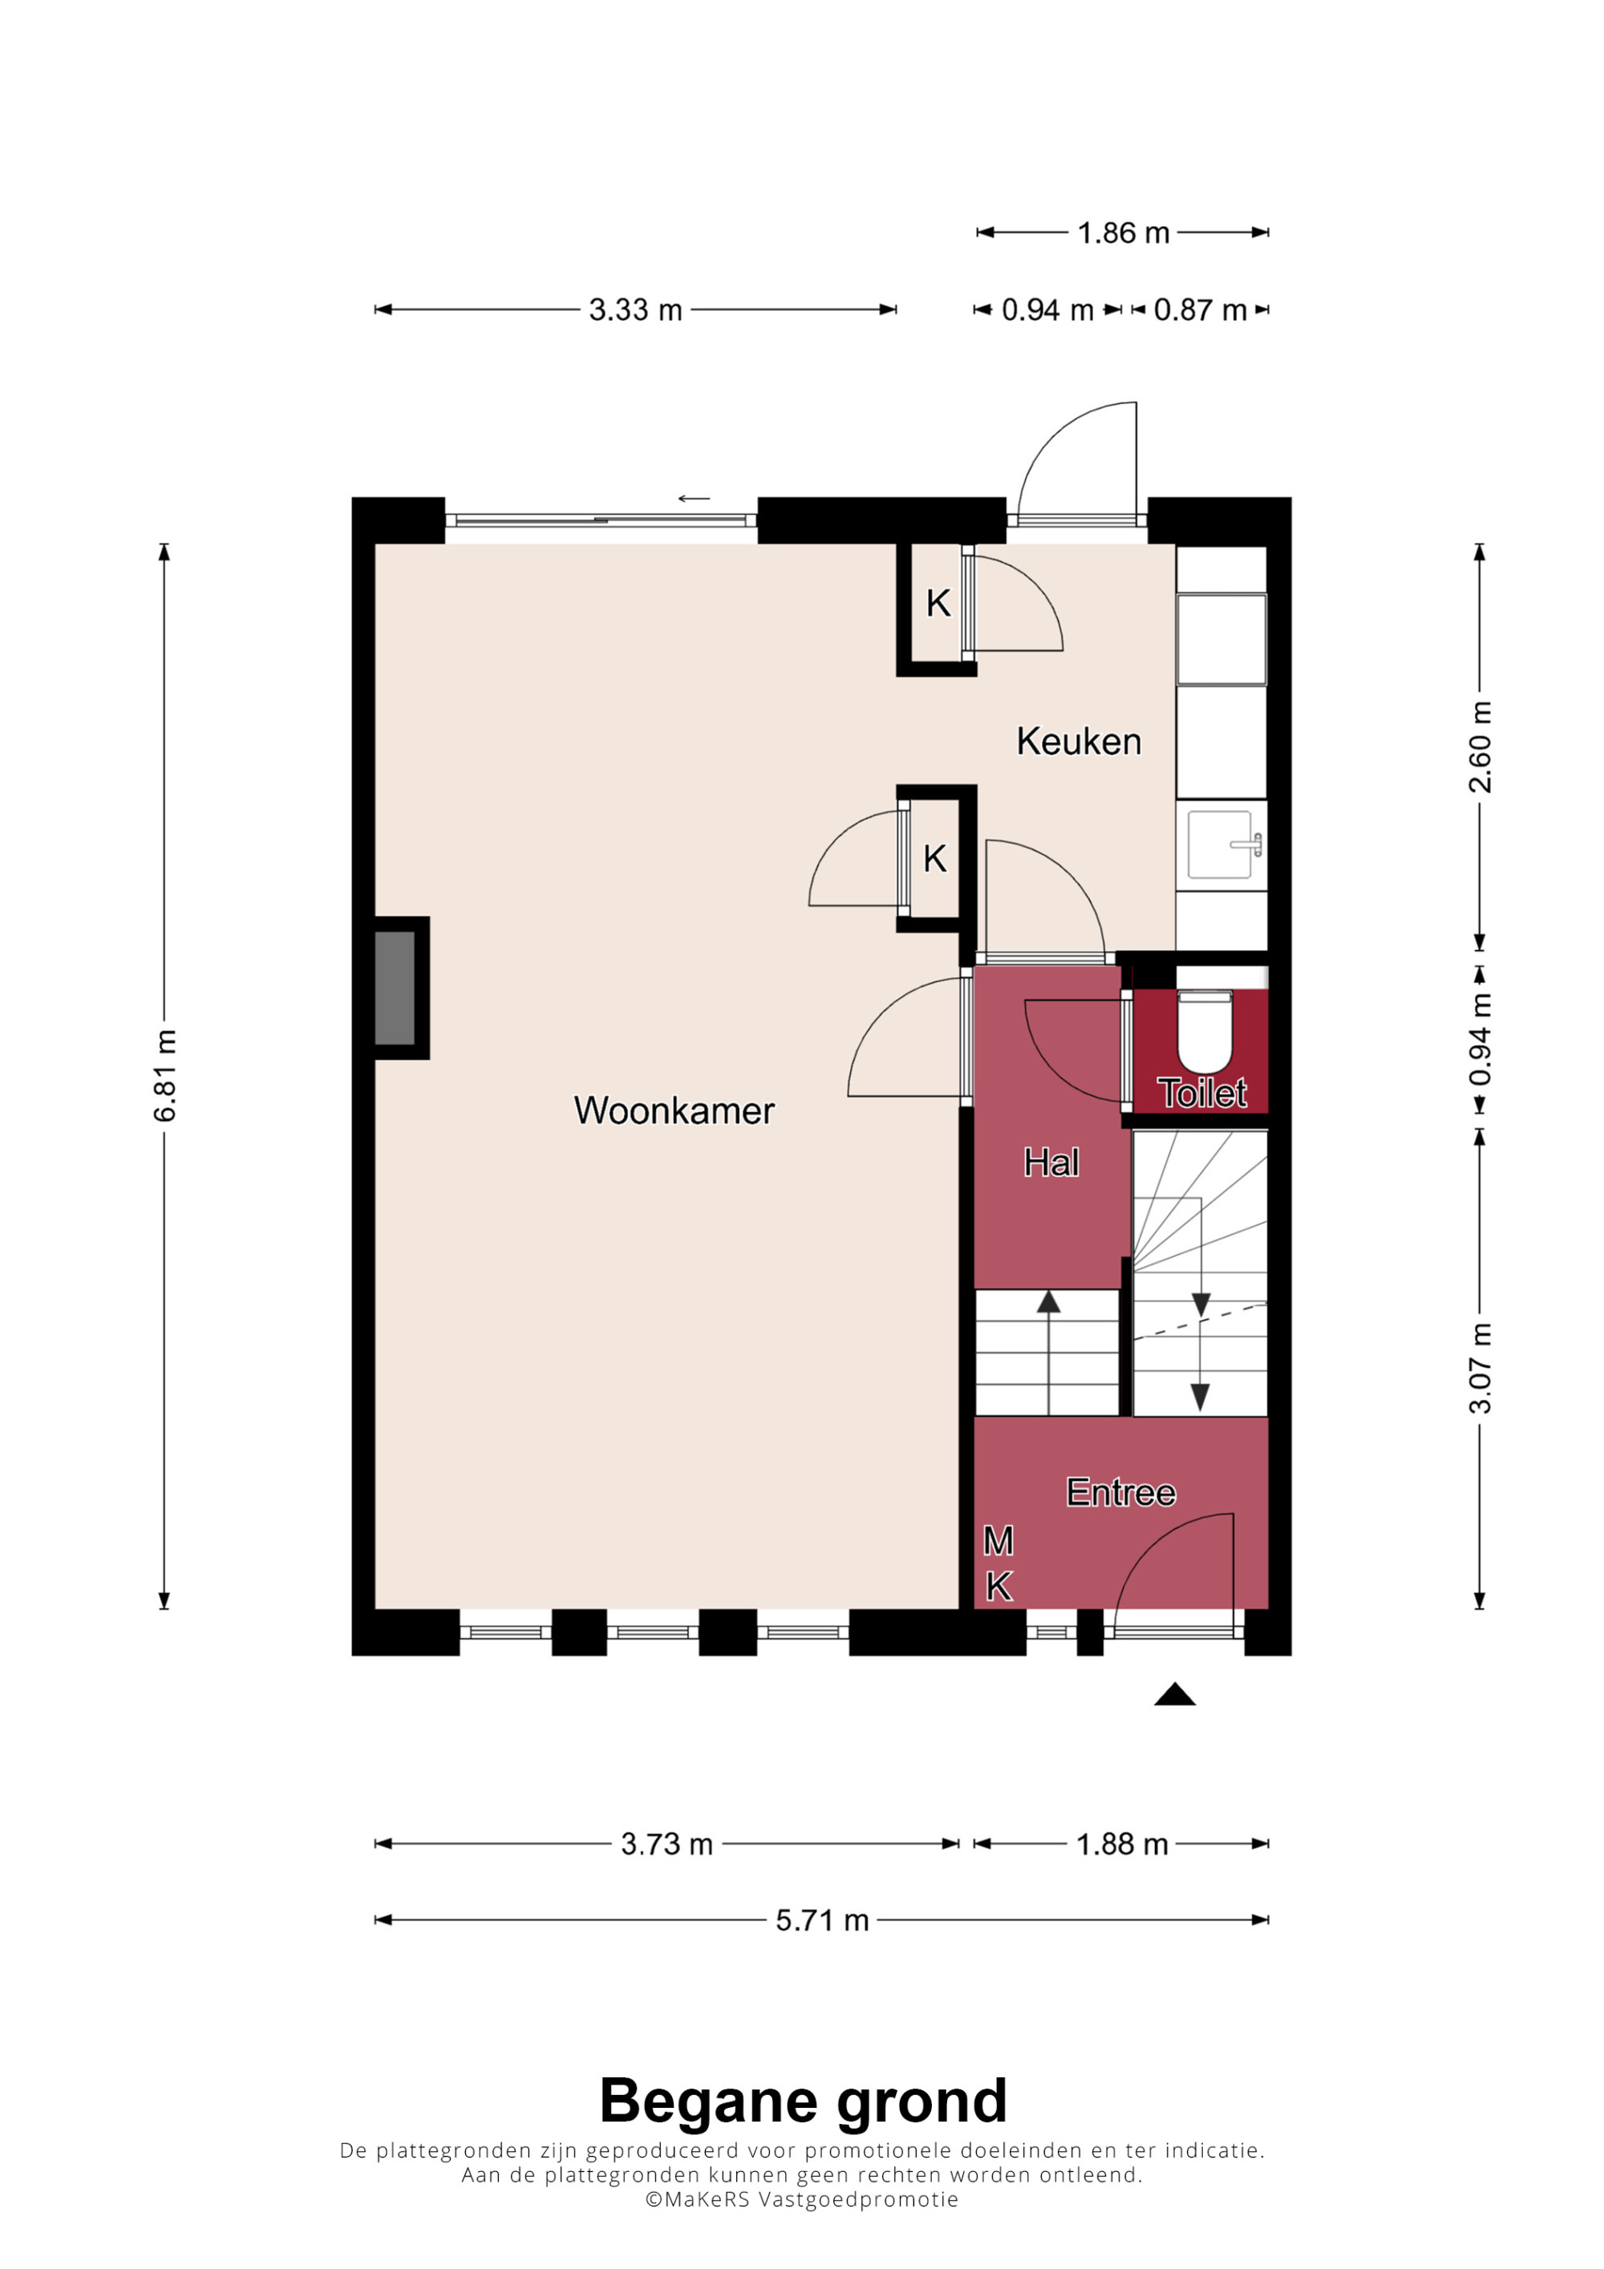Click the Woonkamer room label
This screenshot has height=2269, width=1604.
pyautogui.click(x=674, y=1110)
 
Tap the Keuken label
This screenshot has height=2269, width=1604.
pyautogui.click(x=1079, y=741)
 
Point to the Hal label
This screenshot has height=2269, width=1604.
pyautogui.click(x=1051, y=1163)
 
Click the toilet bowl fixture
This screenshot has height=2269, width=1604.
pyautogui.click(x=1205, y=1031)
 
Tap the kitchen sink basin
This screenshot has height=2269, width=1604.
pyautogui.click(x=1221, y=844)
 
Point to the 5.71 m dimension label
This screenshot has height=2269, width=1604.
pyautogui.click(x=822, y=1920)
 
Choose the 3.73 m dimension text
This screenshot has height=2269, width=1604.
pyautogui.click(x=667, y=1844)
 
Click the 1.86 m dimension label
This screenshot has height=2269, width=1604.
pyautogui.click(x=1124, y=233)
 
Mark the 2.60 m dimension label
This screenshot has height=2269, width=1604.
pyautogui.click(x=1480, y=747)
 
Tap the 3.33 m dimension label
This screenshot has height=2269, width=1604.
pyautogui.click(x=635, y=310)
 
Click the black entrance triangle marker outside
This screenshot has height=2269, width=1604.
pyautogui.click(x=1175, y=1694)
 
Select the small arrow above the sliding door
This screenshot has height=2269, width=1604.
pyautogui.click(x=694, y=498)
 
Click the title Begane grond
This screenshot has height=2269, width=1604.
pyautogui.click(x=803, y=2101)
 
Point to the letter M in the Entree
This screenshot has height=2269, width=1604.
pyautogui.click(x=998, y=1541)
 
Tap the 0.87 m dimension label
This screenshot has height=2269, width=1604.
pyautogui.click(x=1200, y=310)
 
